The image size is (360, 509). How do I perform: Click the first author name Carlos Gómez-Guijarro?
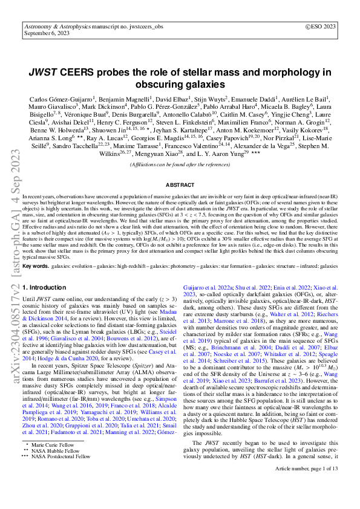tap(64, 98)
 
